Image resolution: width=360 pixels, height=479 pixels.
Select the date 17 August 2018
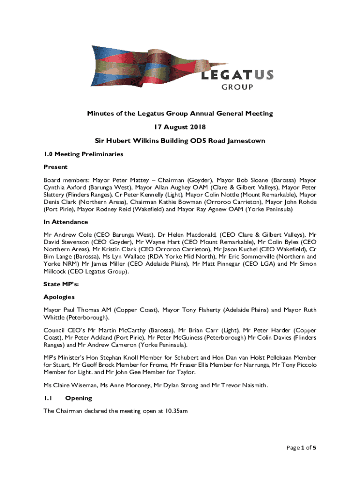click(180, 127)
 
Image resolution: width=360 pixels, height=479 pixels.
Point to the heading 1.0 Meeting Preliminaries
click(83, 153)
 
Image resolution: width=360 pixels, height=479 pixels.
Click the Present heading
click(56, 167)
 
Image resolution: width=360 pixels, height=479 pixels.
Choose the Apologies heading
click(59, 297)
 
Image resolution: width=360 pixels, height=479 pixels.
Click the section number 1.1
click(47, 398)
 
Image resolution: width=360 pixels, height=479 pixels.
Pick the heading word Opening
click(79, 398)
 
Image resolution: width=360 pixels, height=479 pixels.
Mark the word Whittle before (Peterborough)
click(55, 318)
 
